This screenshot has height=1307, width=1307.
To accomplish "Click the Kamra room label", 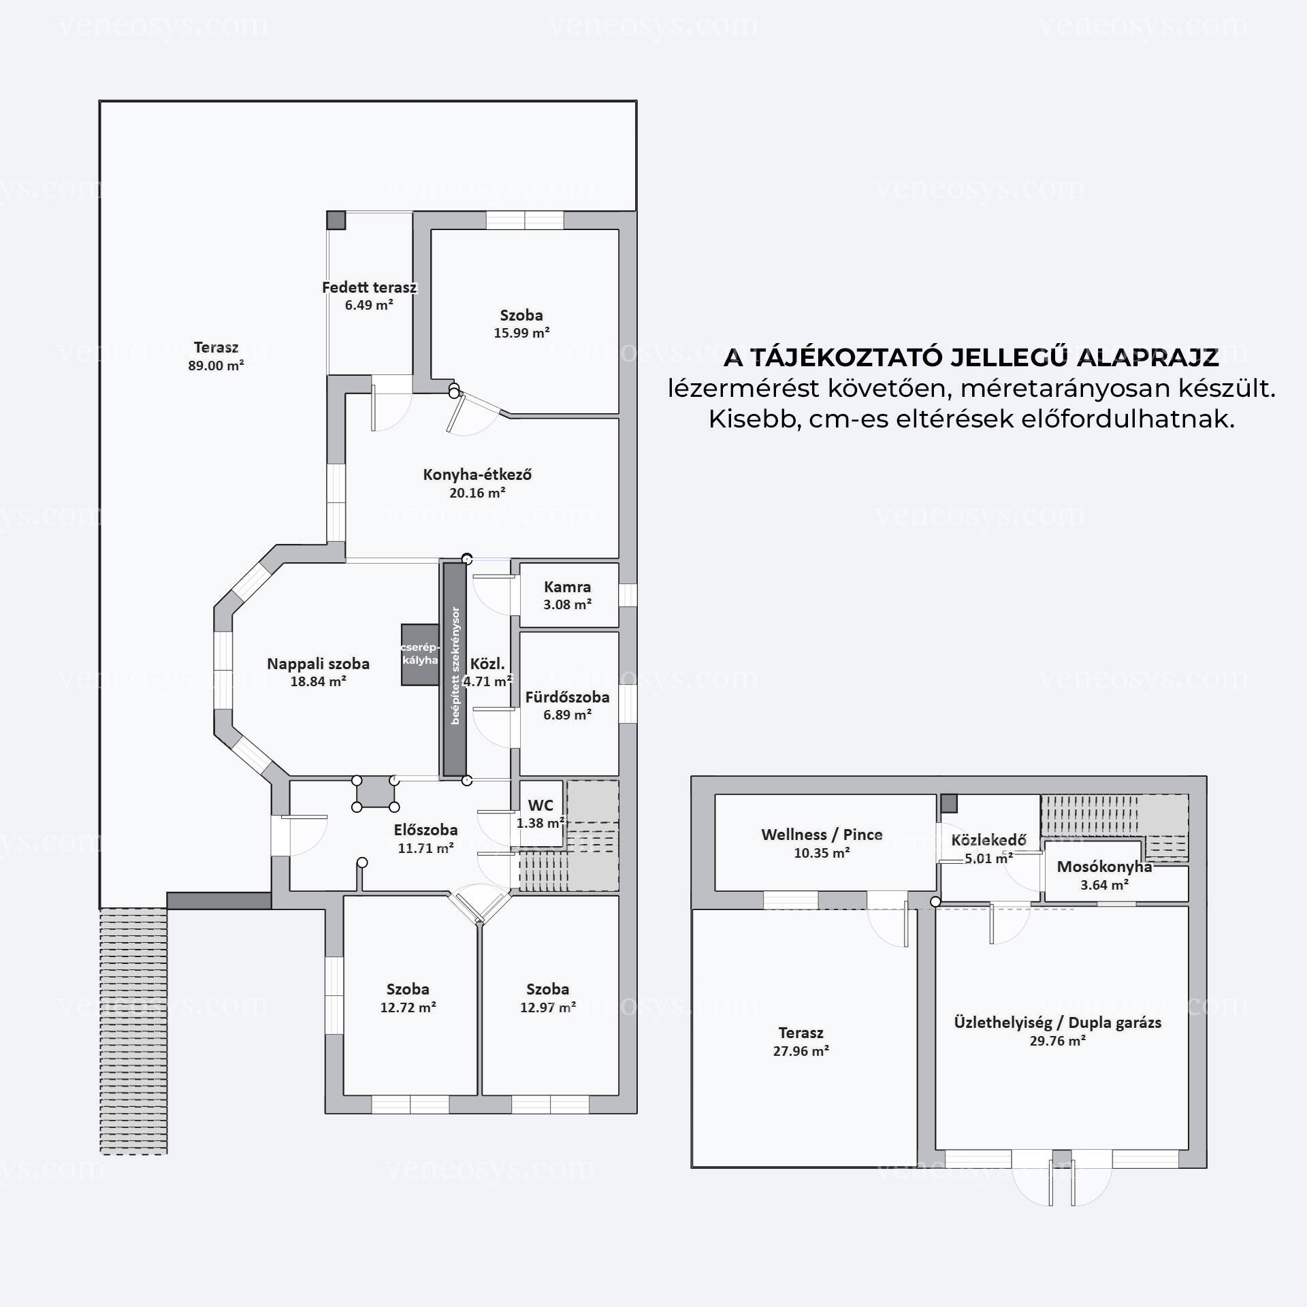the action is point(567,587).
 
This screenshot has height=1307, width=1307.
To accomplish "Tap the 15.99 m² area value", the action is point(521,333).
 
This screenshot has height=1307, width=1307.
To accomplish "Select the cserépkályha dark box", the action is point(420,654).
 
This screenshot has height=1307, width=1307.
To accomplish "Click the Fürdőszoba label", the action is point(567,697).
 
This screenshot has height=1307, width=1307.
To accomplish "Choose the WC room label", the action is point(540,806).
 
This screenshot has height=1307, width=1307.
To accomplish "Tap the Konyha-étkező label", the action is point(477,474).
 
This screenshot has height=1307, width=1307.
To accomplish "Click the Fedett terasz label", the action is point(369,287).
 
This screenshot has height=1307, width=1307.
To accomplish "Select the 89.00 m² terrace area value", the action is point(216,366).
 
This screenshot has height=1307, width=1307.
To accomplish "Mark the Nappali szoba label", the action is point(318,664).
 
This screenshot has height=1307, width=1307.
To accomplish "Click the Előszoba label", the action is point(425,830).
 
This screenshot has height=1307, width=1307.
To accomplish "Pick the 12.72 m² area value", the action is point(408,1007).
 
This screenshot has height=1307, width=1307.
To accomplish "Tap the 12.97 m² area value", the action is point(548,1007).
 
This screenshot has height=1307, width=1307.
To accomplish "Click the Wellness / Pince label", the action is point(822,835).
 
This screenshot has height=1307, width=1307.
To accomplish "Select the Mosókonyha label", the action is point(1104,867).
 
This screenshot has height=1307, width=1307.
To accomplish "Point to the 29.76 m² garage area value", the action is point(1057,1040).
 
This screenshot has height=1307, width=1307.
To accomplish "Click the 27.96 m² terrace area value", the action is point(801,1050).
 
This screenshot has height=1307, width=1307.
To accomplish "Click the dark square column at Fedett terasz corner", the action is point(336,220).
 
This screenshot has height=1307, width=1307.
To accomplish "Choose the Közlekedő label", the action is point(988,841).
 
